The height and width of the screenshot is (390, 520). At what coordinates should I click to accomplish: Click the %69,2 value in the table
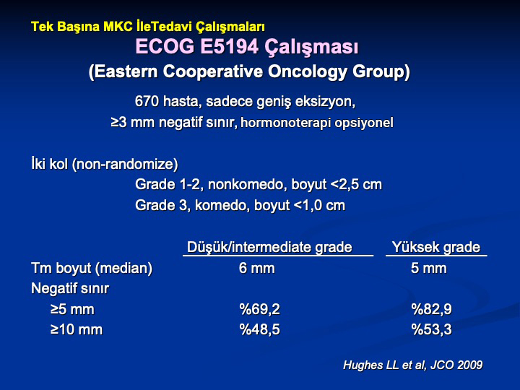(260, 309)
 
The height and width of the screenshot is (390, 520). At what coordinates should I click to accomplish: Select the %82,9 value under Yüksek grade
(431, 309)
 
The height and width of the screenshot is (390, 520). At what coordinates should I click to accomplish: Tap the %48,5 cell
(260, 329)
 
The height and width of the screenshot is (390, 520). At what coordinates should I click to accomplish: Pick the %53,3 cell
(431, 329)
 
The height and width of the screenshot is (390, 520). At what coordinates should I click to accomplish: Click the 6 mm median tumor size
(256, 268)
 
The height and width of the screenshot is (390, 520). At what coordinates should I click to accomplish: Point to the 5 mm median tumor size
(429, 268)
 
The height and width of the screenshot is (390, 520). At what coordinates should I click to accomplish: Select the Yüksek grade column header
(436, 248)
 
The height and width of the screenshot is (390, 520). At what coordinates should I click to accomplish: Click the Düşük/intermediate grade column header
(269, 248)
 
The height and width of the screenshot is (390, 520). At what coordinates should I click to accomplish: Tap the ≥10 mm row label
(77, 329)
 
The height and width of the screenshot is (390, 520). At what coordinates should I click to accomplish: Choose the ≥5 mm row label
(72, 309)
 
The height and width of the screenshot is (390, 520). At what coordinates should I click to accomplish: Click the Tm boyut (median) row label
(92, 268)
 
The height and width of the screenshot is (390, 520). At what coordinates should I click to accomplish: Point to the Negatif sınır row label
(70, 288)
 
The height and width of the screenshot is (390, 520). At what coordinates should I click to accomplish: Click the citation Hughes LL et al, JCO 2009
(413, 365)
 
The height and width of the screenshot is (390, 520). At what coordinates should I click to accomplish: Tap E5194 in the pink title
(229, 46)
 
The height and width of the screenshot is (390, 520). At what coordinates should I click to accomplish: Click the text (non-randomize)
(125, 164)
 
